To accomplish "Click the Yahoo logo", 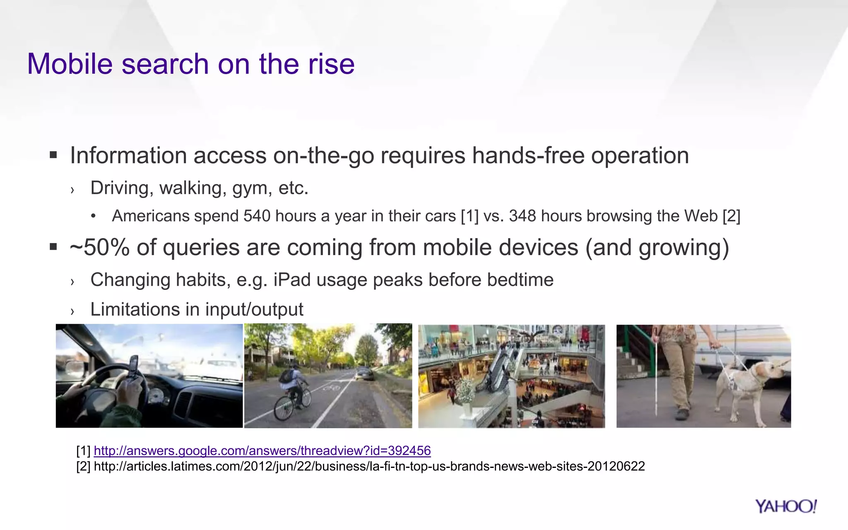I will point(785,506).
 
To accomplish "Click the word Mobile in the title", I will point(70,64).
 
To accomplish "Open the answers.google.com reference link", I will point(262,450).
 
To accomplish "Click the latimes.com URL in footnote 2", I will point(369,466).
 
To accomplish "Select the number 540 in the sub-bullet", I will point(257,216).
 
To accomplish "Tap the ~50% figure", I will point(99,248).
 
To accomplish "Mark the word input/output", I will point(254,310).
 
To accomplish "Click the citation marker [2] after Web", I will point(731,216).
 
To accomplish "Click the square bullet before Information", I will point(53,156).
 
